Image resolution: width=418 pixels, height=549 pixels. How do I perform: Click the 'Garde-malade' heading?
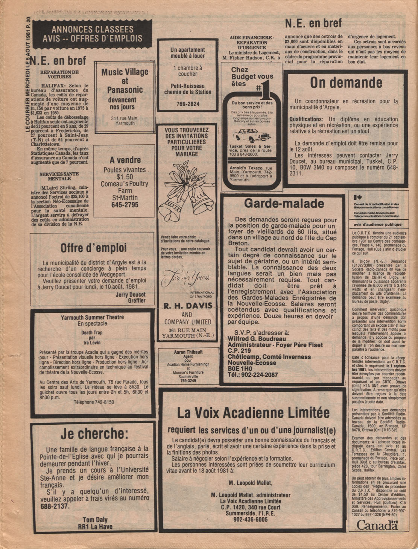click(x=284, y=204)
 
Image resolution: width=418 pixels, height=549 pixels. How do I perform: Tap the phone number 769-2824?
click(x=188, y=104)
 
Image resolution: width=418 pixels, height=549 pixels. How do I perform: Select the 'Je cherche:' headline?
click(x=94, y=434)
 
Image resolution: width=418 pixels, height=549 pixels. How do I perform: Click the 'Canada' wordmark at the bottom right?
click(x=377, y=525)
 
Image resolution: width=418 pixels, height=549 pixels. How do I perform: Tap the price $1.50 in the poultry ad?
click(x=125, y=177)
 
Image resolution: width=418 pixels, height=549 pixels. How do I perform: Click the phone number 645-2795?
click(x=125, y=205)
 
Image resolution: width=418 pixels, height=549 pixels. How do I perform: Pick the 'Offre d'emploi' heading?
click(x=94, y=248)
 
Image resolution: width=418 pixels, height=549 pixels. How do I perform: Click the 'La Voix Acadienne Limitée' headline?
click(x=253, y=413)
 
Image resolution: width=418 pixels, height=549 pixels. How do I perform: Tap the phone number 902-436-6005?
click(x=250, y=520)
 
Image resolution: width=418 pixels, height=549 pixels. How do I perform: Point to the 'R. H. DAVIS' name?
click(x=187, y=306)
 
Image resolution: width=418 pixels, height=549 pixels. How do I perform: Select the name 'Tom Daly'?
click(x=95, y=520)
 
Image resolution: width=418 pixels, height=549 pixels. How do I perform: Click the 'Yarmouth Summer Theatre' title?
click(x=92, y=317)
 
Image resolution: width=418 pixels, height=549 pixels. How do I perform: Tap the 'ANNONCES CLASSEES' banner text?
click(x=92, y=30)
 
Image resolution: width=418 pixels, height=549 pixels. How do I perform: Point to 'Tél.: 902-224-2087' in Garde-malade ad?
click(x=252, y=375)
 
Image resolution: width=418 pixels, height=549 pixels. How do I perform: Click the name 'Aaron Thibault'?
click(x=188, y=352)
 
